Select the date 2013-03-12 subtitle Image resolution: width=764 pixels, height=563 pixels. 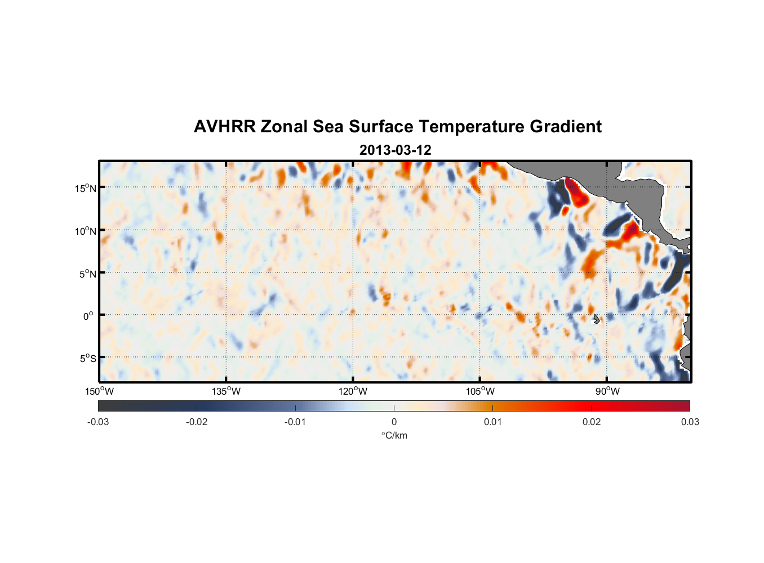(395, 150)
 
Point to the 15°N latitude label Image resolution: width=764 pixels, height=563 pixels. (86, 188)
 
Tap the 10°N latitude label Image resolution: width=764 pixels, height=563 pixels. (86, 231)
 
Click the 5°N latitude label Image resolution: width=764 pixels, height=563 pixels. (88, 274)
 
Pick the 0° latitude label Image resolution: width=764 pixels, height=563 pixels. (88, 316)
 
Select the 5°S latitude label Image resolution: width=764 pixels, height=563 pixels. (88, 359)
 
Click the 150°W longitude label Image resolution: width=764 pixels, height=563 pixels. (100, 391)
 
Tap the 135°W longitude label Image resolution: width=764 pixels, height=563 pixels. (226, 391)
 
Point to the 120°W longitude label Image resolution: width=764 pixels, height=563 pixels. (353, 391)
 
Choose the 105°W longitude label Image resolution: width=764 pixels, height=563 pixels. (480, 391)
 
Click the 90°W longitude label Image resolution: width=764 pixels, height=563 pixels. (607, 391)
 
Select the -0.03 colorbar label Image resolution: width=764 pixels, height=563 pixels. (98, 422)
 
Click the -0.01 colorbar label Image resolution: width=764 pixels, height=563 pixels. (295, 422)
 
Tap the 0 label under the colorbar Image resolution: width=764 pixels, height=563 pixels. (394, 422)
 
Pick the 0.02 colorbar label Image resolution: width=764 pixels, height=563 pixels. (592, 422)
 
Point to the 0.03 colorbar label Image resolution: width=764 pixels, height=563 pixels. (690, 422)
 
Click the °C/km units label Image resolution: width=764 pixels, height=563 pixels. (394, 435)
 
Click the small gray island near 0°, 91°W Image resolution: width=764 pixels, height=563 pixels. (596, 319)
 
